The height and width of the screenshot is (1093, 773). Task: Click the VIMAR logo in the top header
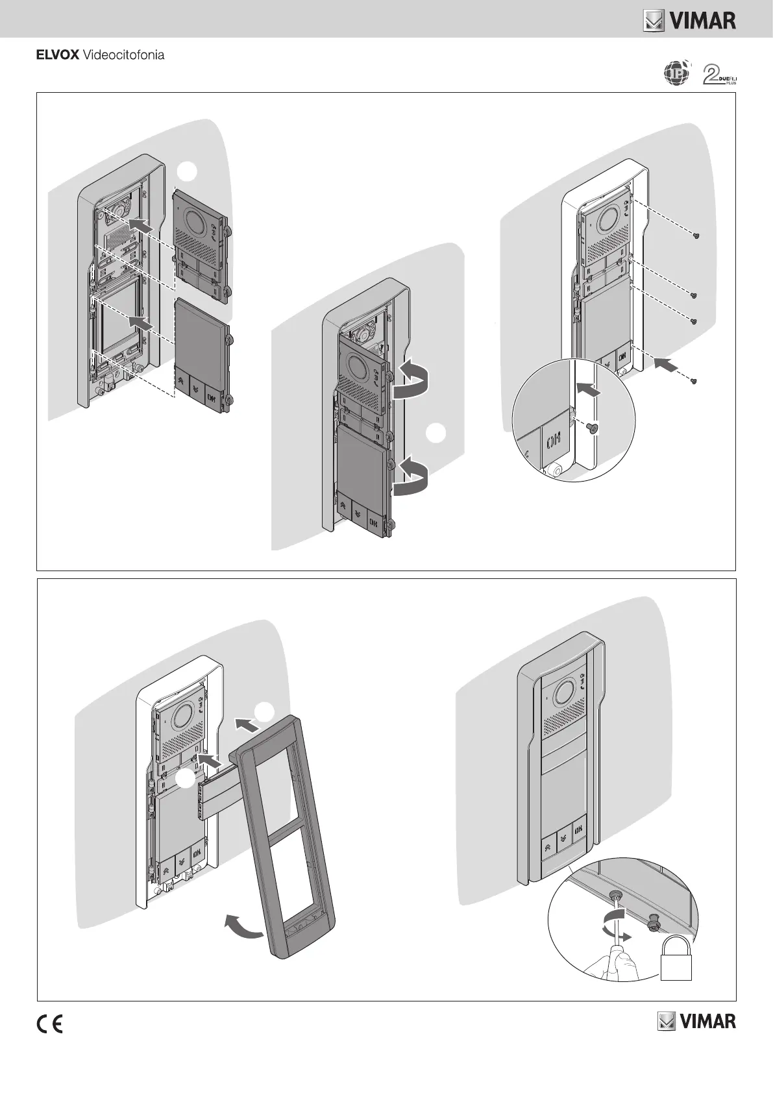click(x=689, y=21)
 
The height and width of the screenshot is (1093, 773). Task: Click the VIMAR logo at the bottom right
click(x=696, y=1021)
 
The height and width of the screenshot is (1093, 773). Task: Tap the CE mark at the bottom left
click(x=49, y=1024)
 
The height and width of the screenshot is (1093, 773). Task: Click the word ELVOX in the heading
click(x=57, y=55)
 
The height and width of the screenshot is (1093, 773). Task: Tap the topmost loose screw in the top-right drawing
click(x=695, y=236)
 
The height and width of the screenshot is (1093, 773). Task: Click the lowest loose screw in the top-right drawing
click(x=694, y=380)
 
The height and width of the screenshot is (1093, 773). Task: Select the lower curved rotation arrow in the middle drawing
click(x=411, y=477)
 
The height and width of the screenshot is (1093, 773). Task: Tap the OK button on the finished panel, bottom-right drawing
click(x=577, y=829)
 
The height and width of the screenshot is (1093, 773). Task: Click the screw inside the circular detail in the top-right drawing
click(x=593, y=428)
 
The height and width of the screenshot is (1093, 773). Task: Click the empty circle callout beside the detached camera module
click(x=187, y=171)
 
